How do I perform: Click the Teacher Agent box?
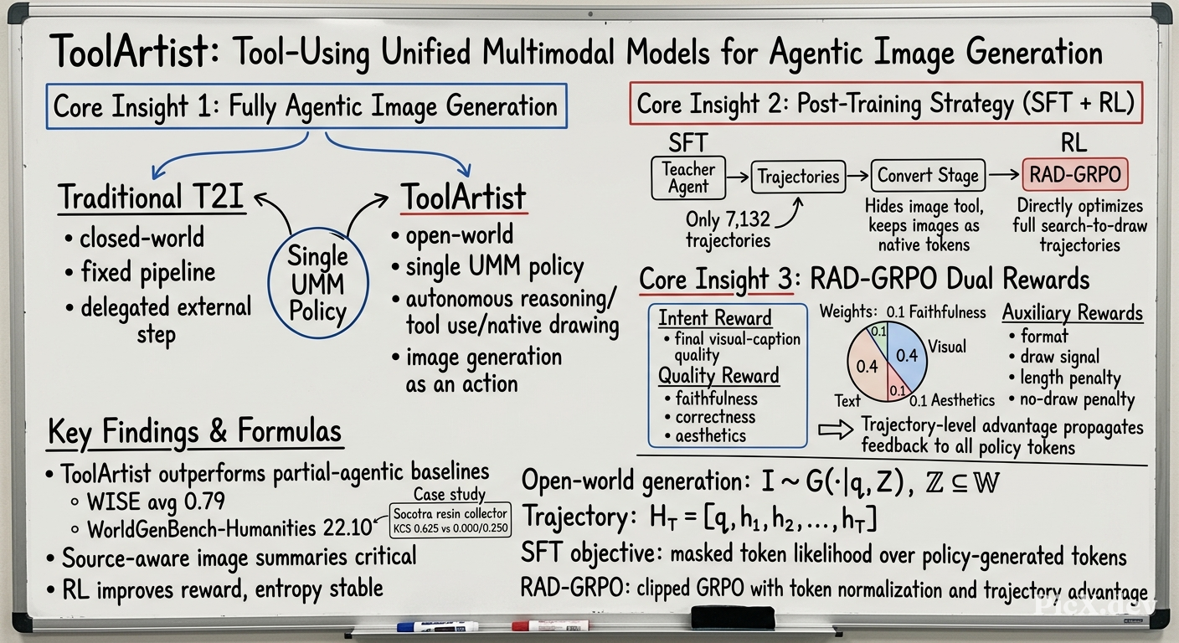pos(688,177)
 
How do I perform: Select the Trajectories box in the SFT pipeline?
pos(798,177)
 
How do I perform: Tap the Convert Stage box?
pos(928,175)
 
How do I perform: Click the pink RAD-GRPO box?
pos(1075,174)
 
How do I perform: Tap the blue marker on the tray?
pos(437,627)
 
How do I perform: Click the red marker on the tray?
pos(550,625)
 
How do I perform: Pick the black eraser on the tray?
pos(733,617)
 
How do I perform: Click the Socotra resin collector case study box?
pos(450,520)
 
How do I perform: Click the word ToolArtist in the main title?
pos(133,52)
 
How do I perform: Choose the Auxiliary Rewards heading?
pos(1072,312)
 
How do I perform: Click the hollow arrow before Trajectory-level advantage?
pos(836,430)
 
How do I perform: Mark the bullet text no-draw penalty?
pos(1077,399)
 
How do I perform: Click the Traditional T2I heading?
pos(151,198)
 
